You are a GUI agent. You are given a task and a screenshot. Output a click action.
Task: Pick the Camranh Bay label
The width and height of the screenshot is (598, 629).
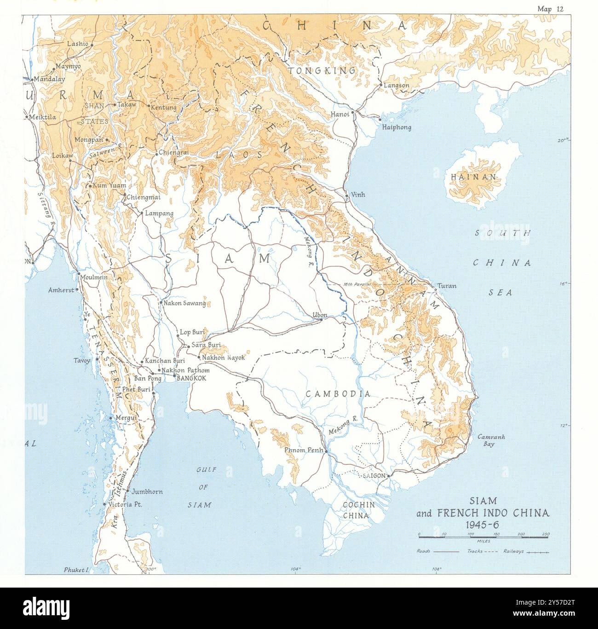[x=491, y=440]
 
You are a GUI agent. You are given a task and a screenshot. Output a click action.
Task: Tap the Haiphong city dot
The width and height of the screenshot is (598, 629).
[x=380, y=119]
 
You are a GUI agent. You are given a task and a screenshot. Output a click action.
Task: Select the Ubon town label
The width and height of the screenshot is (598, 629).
[x=320, y=315]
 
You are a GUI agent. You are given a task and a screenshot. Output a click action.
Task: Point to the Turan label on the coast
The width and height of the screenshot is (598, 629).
[x=446, y=286]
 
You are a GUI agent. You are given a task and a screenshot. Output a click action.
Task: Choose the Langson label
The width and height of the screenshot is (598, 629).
[x=396, y=85]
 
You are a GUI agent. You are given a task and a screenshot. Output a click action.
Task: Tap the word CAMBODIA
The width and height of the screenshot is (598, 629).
[x=338, y=393]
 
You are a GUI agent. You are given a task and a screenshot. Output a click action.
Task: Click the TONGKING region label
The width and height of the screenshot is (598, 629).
[x=322, y=70]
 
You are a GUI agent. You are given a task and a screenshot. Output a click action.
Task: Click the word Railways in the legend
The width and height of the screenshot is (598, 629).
[x=513, y=551]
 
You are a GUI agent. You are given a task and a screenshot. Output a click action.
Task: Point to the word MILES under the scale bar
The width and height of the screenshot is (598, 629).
[x=483, y=542]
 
